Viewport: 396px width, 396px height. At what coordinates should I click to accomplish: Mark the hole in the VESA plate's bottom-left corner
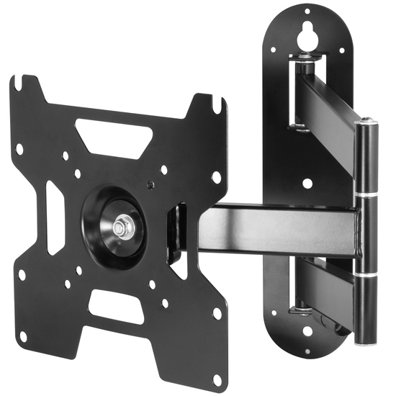click(23, 336)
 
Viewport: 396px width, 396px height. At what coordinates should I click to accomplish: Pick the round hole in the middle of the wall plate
click(308, 183)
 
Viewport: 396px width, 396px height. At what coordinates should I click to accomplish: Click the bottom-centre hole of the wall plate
click(308, 333)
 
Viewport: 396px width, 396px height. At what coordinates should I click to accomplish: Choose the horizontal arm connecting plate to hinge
click(281, 229)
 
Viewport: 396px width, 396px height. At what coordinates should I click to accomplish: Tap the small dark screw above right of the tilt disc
click(149, 183)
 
